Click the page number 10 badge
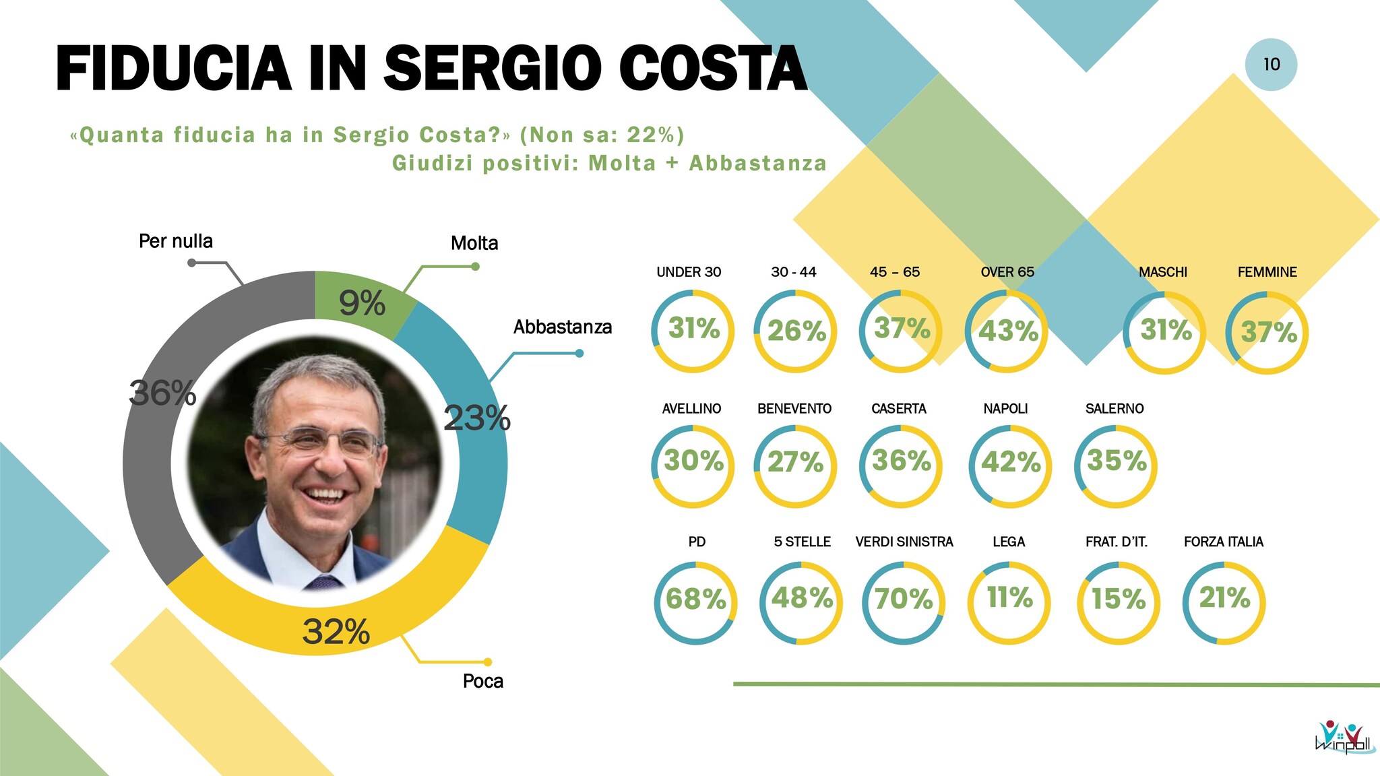tap(1271, 65)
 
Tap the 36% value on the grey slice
tap(162, 393)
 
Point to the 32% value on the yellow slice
tap(336, 632)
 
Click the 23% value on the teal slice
tap(477, 418)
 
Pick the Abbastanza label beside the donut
tap(563, 327)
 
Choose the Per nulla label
tap(176, 241)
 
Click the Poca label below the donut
tap(483, 681)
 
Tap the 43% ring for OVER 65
tap(1007, 331)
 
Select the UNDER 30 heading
tap(689, 272)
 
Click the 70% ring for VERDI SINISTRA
tap(904, 599)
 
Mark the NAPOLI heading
tap(1005, 408)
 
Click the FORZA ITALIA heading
tap(1223, 542)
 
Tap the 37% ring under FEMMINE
tap(1267, 332)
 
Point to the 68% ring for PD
tap(695, 599)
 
